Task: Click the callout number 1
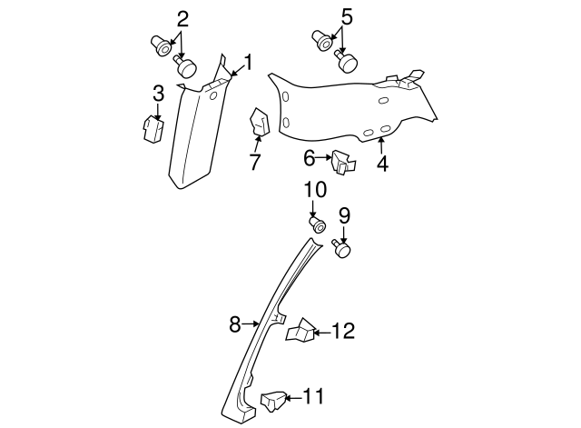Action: pos(245,64)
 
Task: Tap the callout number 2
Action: pos(183,18)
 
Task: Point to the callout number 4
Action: pos(382,164)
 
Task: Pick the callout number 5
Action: pos(346,15)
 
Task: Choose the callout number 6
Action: pos(310,158)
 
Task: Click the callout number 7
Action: pos(255,163)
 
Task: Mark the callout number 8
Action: pos(234,323)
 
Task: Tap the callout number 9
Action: pos(344,215)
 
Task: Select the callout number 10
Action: pos(314,190)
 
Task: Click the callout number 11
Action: pos(313,395)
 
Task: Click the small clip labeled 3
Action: pos(152,128)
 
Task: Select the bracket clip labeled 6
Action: pos(343,162)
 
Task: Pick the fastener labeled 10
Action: pos(319,224)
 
